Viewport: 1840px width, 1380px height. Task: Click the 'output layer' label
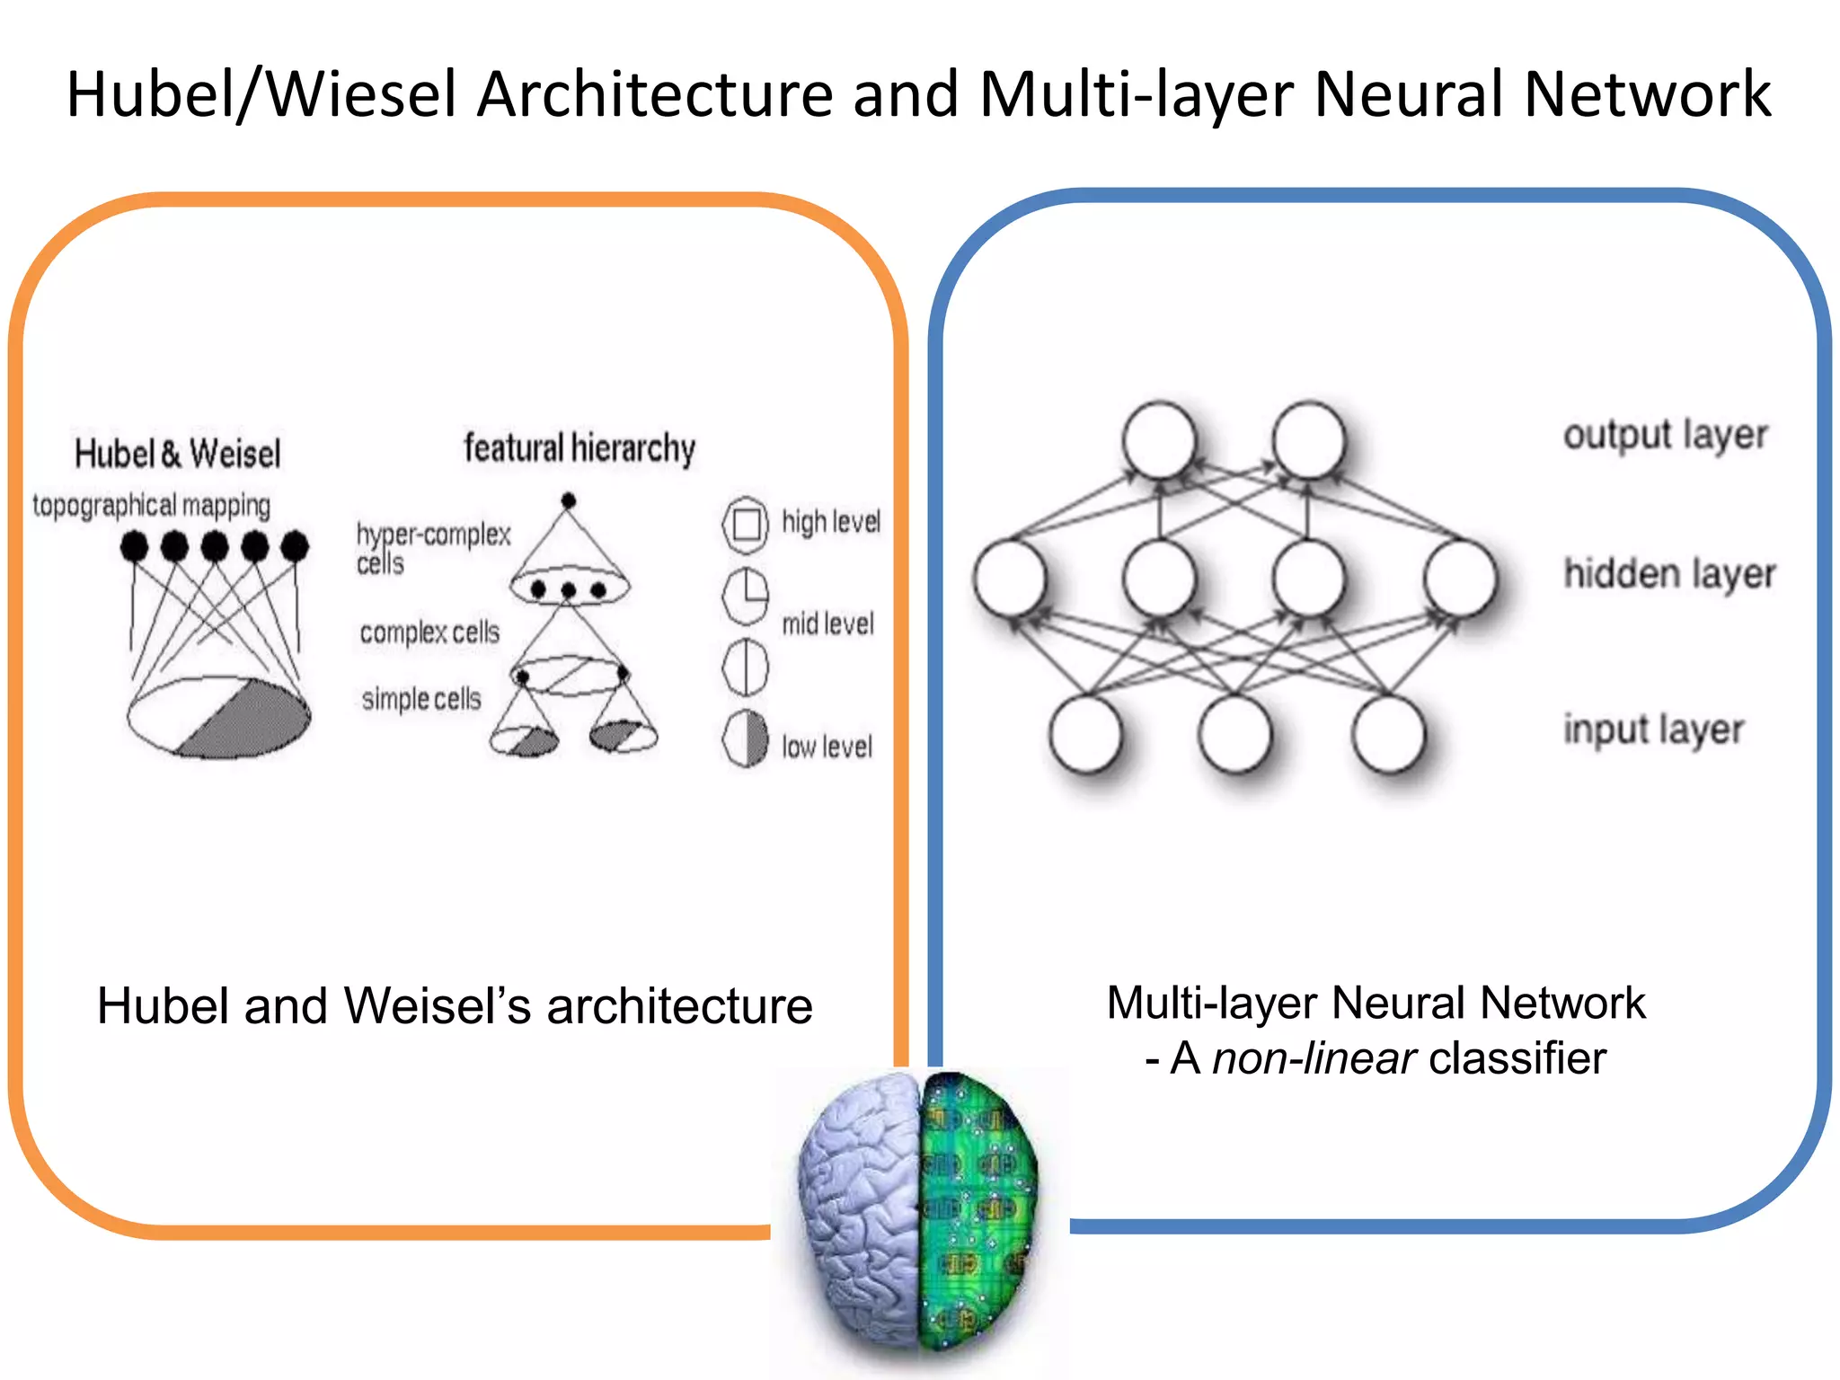pyautogui.click(x=1665, y=436)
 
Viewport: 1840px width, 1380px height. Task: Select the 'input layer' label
pyautogui.click(x=1653, y=730)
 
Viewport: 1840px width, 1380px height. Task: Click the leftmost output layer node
pyautogui.click(x=1160, y=440)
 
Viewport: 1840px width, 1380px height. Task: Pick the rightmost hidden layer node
pyautogui.click(x=1460, y=578)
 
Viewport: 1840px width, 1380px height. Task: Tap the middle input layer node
pyautogui.click(x=1236, y=734)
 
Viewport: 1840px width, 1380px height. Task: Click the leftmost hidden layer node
pyautogui.click(x=1011, y=578)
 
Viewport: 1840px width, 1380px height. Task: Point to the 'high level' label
pyautogui.click(x=830, y=522)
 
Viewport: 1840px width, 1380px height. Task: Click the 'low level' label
pyautogui.click(x=827, y=747)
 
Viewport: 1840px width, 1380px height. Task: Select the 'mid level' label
pyautogui.click(x=827, y=624)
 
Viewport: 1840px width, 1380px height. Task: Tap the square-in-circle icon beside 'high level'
pyautogui.click(x=746, y=524)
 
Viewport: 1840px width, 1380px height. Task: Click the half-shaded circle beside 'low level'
pyautogui.click(x=746, y=739)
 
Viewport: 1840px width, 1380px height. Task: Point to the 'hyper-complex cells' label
pyautogui.click(x=432, y=547)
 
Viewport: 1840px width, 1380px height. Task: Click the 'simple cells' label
pyautogui.click(x=421, y=699)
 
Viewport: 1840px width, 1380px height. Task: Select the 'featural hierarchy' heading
pyautogui.click(x=579, y=448)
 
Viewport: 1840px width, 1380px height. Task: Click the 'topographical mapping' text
pyautogui.click(x=151, y=506)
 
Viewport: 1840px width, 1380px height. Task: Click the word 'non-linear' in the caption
pyautogui.click(x=1314, y=1058)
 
